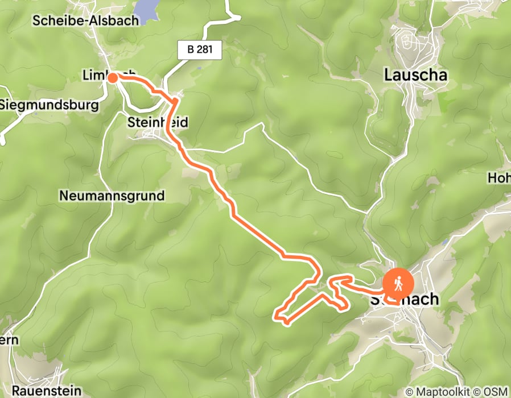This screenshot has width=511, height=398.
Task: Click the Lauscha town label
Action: tap(415, 74)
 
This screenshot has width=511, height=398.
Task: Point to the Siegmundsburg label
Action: tap(49, 105)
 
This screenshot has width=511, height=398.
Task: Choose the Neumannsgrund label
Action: tap(112, 196)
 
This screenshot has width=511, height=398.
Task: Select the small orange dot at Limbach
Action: tap(113, 78)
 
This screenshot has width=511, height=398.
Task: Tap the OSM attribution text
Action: tap(497, 392)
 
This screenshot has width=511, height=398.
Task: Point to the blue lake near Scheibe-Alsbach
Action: tap(146, 10)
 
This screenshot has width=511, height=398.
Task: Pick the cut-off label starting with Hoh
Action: tap(498, 178)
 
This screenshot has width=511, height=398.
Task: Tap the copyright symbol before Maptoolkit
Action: tap(409, 392)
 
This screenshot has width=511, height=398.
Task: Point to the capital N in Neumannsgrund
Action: tap(64, 196)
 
